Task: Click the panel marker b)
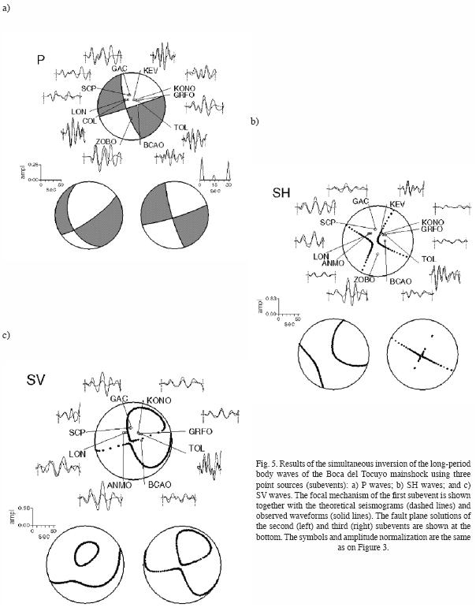click(x=255, y=121)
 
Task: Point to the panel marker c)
click(x=6, y=335)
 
